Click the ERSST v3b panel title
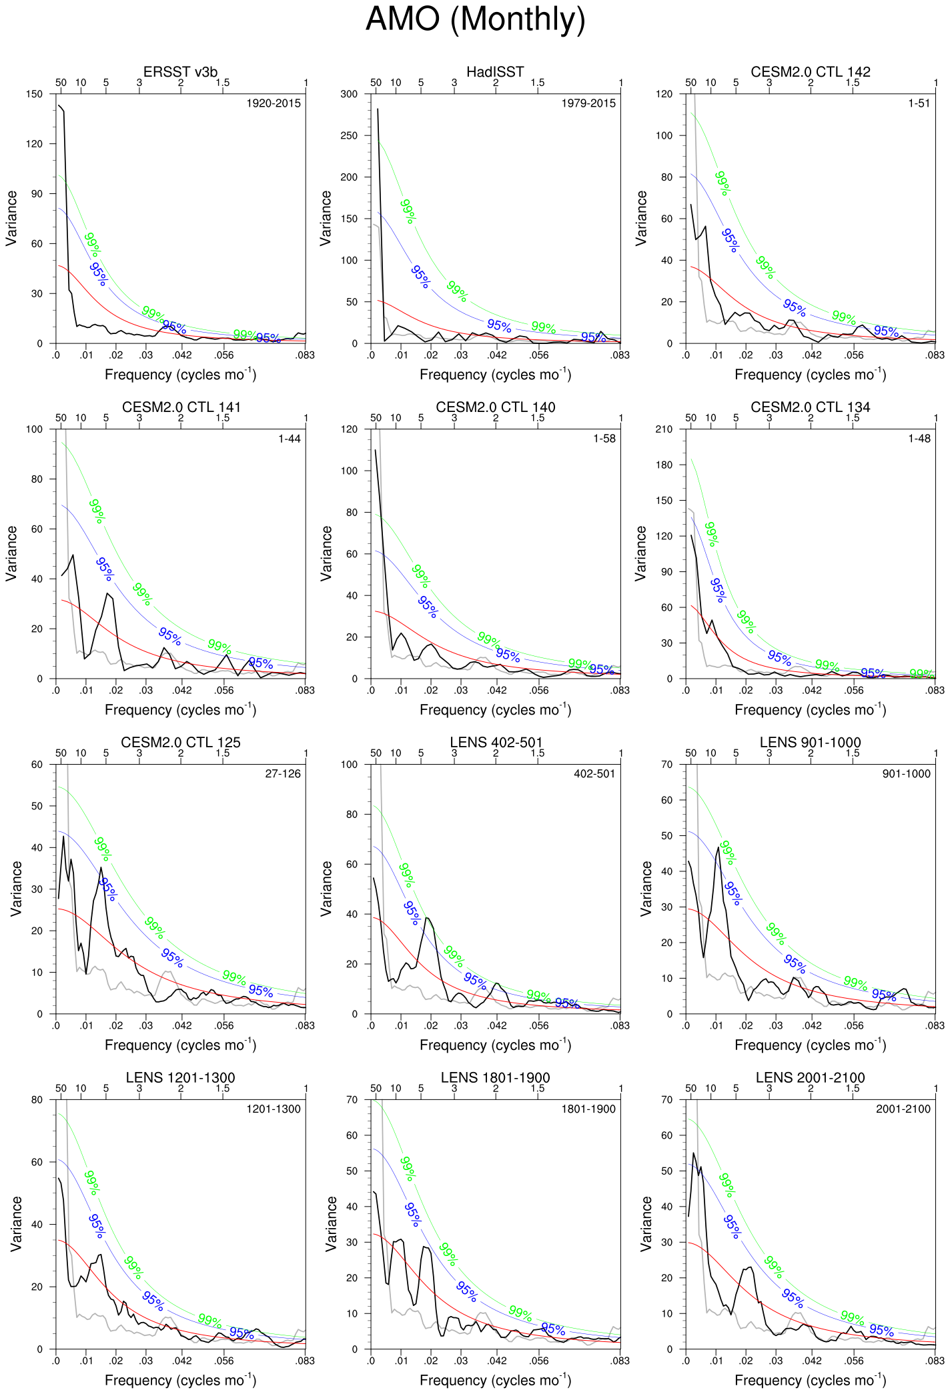(180, 72)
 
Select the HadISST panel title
(495, 72)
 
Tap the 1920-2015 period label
(274, 103)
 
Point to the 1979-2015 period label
(588, 103)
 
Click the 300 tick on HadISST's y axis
(349, 94)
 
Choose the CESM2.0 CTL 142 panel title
(810, 72)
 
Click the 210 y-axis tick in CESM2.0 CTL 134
(664, 429)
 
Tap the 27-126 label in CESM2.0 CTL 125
(283, 774)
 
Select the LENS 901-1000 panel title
(810, 743)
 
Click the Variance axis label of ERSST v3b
(11, 218)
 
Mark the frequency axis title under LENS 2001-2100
(810, 1380)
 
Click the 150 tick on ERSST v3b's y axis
(34, 94)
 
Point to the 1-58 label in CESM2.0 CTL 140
(604, 439)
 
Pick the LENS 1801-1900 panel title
(495, 1078)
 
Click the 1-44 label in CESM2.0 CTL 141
(290, 439)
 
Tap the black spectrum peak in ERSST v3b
(59, 105)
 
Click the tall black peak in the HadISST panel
(378, 109)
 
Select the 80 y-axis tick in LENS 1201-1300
(37, 1100)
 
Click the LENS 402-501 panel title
(496, 743)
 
